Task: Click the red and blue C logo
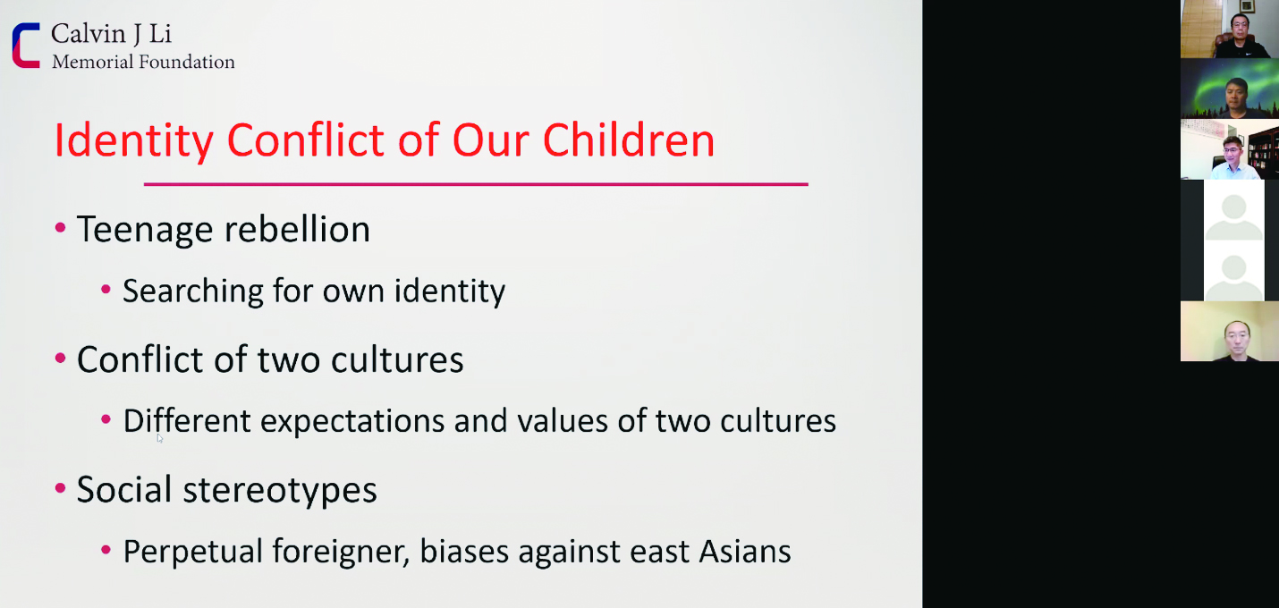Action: point(26,46)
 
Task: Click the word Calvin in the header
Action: point(88,34)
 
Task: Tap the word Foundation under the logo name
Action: point(187,62)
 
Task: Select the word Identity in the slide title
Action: point(134,140)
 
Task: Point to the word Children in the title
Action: point(629,139)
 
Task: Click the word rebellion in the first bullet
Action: point(298,230)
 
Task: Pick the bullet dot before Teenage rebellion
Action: point(61,228)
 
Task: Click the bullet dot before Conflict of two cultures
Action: point(61,359)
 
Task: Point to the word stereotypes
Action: point(280,490)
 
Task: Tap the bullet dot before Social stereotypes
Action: point(61,489)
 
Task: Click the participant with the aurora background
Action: point(1229,89)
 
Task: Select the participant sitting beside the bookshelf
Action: point(1229,149)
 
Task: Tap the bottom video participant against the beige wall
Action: point(1229,331)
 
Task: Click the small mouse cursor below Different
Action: point(160,438)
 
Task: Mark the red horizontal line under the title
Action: point(476,184)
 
